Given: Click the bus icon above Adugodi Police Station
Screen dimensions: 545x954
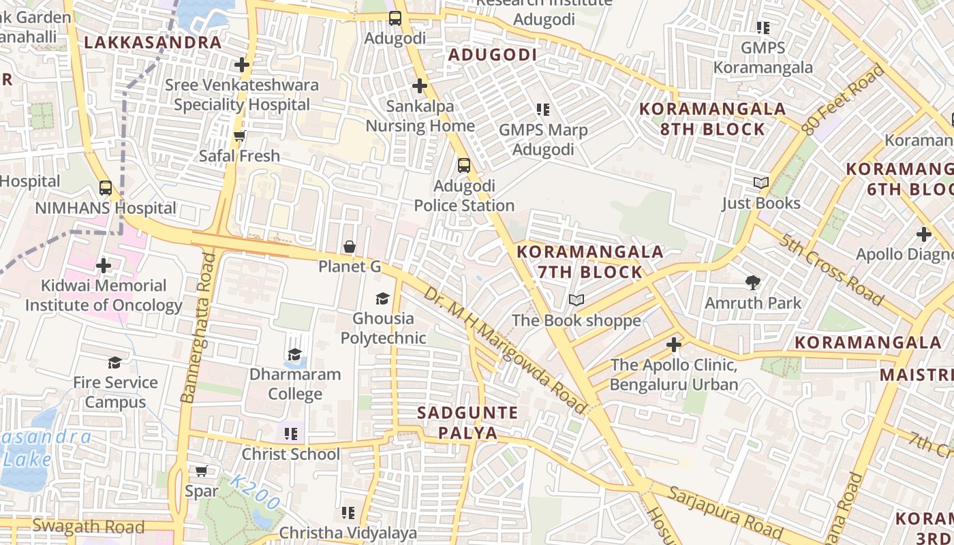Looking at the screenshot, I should tap(464, 165).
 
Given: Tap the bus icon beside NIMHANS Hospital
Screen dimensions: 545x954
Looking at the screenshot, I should tap(106, 187).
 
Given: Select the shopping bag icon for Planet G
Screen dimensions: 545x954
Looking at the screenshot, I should tap(350, 247).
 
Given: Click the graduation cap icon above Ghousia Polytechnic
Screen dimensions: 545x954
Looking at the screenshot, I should tap(382, 298).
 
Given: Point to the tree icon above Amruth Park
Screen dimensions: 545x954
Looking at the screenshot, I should tap(753, 282).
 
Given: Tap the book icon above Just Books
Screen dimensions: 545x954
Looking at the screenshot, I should tap(761, 183).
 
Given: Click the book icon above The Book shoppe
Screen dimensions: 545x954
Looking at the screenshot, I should tap(576, 300).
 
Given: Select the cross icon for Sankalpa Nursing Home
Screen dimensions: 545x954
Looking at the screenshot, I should tap(420, 86).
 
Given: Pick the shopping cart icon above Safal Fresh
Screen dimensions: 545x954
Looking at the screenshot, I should tap(239, 136).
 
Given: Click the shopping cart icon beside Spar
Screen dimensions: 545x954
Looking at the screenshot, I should tap(202, 471).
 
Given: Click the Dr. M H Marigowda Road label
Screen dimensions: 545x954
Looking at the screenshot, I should tap(504, 350).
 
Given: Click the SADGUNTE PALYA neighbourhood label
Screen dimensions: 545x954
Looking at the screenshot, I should tap(467, 422).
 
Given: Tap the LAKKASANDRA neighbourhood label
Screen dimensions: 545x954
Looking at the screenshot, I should tap(153, 42).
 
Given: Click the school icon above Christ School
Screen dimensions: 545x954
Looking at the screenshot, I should tap(292, 433).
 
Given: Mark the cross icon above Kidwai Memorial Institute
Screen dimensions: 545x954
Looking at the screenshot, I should tap(104, 265).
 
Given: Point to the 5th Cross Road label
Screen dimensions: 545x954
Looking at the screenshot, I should tap(831, 270).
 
